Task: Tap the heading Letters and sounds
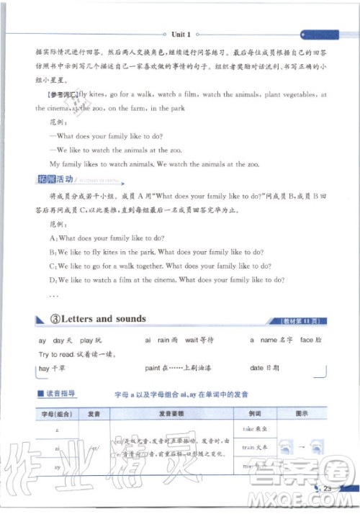click(104, 318)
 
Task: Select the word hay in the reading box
click(45, 369)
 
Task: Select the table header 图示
click(303, 415)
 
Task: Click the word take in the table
click(243, 428)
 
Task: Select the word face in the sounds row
click(306, 339)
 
